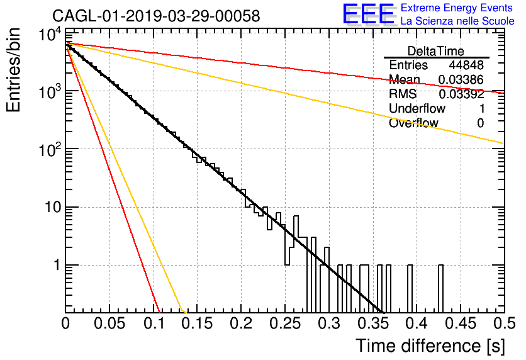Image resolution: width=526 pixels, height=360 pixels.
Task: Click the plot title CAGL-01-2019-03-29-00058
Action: coord(156,16)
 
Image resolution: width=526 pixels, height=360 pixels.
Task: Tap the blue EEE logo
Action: coord(369,14)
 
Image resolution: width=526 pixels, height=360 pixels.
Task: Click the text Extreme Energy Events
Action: coord(457,8)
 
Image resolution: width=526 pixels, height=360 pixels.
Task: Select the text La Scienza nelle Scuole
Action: coord(457,21)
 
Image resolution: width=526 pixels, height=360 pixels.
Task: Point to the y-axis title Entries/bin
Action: coord(13,70)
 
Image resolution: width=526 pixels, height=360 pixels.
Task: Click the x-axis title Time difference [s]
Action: coord(430,346)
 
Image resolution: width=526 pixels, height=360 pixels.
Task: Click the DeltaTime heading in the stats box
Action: coord(436,51)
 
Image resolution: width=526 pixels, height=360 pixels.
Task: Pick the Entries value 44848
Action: coord(466,65)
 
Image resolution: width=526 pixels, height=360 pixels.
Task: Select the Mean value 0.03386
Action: coord(461,80)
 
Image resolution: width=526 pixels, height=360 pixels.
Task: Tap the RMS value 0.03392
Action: coord(461,94)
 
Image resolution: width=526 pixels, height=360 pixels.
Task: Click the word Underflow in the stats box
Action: coord(417,109)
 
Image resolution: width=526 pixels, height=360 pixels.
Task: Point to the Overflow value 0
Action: coord(480,123)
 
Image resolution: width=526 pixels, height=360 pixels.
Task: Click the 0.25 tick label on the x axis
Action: coord(285,323)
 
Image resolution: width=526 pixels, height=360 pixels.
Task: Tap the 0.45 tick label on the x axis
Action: coord(461,323)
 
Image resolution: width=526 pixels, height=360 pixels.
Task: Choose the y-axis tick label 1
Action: coord(57,265)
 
